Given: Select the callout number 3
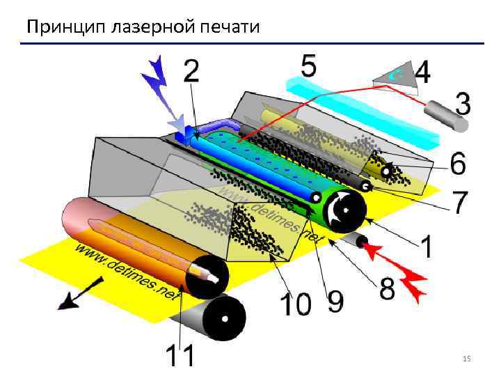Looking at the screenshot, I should pos(461,105).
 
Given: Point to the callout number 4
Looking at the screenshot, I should pos(422,72).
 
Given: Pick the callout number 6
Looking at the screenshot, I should pos(458,164).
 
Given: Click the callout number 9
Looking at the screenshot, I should pos(335,301).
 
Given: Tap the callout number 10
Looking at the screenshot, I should pos(294,304).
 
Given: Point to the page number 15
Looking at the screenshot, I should pos(466,359).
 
